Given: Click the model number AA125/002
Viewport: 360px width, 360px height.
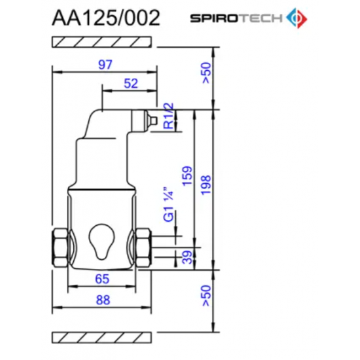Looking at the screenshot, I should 105,18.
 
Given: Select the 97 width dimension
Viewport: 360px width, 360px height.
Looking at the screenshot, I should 104,65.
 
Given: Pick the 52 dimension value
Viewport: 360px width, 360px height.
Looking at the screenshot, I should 131,83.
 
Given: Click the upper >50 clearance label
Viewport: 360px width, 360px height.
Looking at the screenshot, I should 206,75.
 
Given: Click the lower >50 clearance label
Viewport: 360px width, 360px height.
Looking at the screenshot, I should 206,296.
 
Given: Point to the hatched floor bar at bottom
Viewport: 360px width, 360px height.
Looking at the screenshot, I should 103,336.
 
